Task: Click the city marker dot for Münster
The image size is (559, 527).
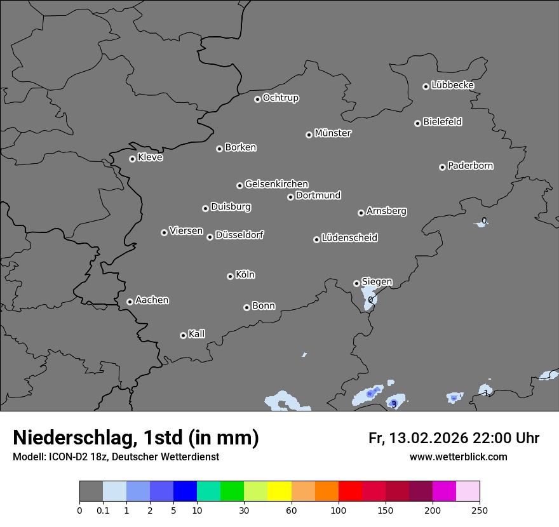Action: tap(309, 135)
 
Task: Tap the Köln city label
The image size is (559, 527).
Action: tap(245, 275)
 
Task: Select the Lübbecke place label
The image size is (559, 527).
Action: tap(452, 85)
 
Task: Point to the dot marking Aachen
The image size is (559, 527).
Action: tap(130, 302)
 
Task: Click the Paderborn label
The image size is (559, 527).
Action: tap(470, 166)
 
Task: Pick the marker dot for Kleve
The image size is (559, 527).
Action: tap(132, 159)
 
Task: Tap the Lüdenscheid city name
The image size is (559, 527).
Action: tap(349, 238)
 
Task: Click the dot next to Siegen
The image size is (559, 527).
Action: tap(356, 283)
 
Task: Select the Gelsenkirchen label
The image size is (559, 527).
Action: tap(276, 184)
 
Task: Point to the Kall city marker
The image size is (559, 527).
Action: tap(183, 335)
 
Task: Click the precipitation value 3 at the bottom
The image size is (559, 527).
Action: tap(394, 404)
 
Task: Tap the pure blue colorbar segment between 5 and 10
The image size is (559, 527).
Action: tap(185, 491)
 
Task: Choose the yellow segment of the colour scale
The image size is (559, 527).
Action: tap(279, 491)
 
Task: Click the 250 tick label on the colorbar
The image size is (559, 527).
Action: tap(480, 510)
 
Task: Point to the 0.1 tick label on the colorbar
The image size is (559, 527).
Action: tap(103, 510)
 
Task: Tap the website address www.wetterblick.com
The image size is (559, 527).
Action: tap(458, 457)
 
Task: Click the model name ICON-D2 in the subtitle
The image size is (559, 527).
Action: tap(69, 457)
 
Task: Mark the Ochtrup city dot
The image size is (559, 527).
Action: tap(257, 99)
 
